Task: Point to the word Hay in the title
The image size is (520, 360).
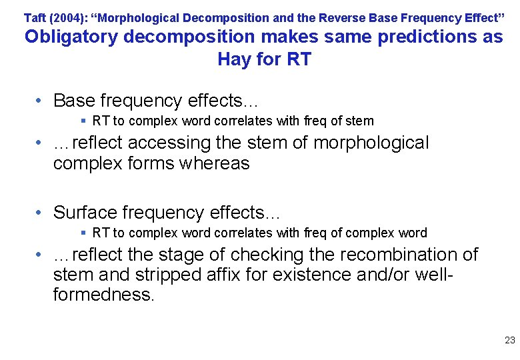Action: click(x=234, y=59)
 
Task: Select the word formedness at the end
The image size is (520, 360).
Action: click(x=103, y=295)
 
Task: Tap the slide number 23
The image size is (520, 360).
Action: click(x=510, y=340)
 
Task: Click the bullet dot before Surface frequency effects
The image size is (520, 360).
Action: click(x=41, y=213)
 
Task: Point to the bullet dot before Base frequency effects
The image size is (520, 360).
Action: click(x=41, y=101)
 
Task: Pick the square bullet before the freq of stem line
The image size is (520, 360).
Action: click(x=83, y=121)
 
